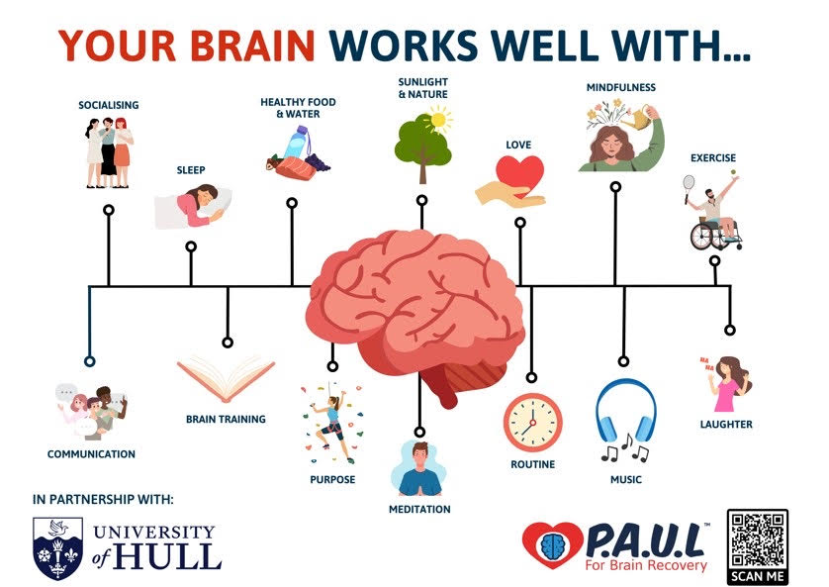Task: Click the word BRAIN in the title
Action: coord(252,46)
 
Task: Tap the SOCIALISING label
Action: coord(109,105)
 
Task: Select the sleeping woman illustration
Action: coord(194,206)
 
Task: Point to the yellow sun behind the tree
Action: coord(438,120)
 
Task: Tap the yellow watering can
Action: coord(639,119)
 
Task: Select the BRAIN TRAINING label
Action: coord(226,419)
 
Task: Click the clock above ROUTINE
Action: coord(532,423)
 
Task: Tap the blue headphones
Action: coord(626,411)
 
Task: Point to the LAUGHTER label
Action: coord(726,424)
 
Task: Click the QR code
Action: coord(758,539)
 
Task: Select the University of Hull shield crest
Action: coord(57,548)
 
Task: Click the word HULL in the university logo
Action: coord(167,556)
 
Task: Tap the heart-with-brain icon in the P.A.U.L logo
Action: coord(553,544)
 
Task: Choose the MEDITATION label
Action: coord(419,509)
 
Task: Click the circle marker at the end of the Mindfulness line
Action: coord(615,187)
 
